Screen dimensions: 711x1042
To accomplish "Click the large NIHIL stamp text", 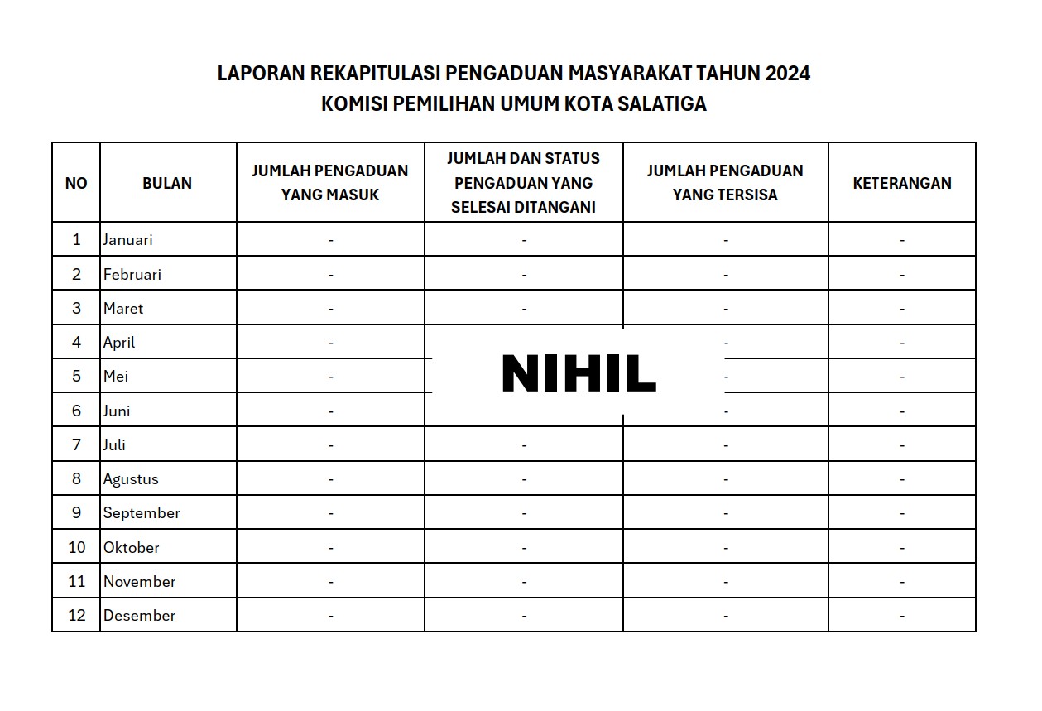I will (579, 374).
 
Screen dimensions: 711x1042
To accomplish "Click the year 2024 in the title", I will (787, 74).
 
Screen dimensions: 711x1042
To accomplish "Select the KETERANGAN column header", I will (901, 183).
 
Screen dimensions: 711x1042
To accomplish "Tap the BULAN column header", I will (167, 183).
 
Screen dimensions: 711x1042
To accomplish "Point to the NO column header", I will (76, 183).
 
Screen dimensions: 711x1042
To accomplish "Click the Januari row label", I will (128, 240).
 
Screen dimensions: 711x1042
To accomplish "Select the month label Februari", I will (132, 274).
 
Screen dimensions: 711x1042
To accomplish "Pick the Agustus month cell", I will (131, 478).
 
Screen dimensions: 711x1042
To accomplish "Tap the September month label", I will (142, 513).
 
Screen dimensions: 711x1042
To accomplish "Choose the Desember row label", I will (139, 615).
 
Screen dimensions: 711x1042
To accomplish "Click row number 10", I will (77, 547).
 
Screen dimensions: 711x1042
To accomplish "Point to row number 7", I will (77, 444).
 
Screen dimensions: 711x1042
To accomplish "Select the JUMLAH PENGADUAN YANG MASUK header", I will (330, 182).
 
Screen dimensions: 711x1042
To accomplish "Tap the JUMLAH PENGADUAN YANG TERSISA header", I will (725, 182).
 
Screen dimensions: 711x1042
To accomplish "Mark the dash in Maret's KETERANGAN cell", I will (902, 309).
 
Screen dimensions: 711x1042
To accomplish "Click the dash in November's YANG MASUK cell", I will (330, 582).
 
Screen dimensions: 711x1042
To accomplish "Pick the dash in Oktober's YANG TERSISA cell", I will (726, 547).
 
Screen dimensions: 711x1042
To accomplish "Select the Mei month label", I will (116, 376).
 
